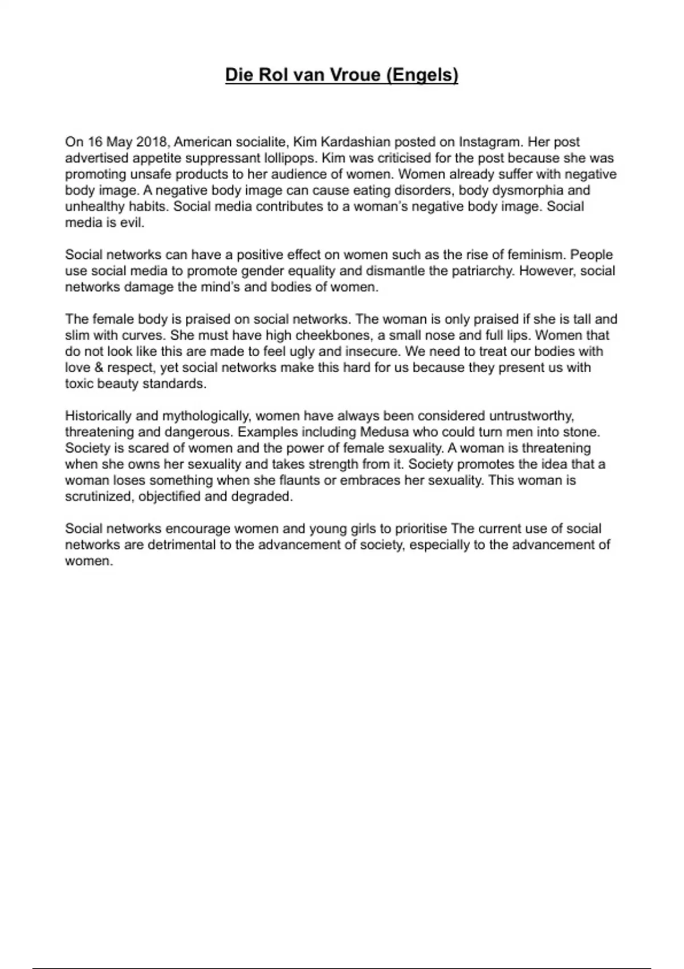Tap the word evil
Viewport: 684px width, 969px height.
coord(133,223)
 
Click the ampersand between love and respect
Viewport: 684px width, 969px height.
coord(95,368)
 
